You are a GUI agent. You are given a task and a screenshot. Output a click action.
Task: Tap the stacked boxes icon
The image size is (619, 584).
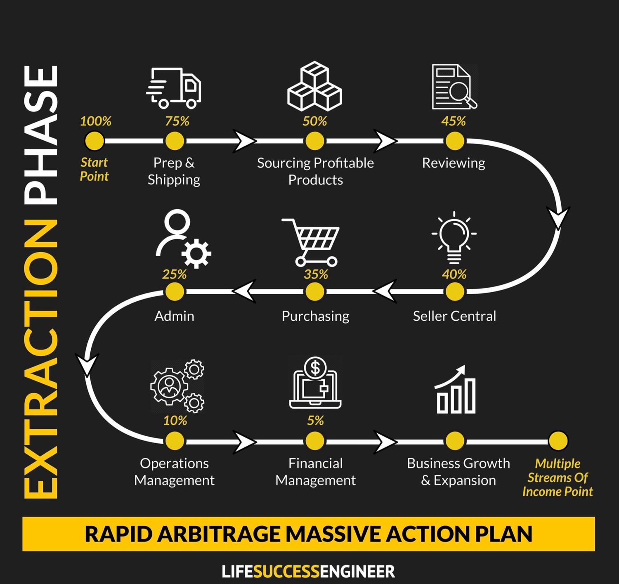(x=314, y=87)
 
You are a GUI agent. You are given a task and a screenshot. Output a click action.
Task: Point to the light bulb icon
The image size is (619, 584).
(x=454, y=238)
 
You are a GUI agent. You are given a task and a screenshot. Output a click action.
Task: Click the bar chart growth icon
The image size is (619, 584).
(x=456, y=390)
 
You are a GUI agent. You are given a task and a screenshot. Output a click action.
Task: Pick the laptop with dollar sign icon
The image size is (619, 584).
(x=315, y=383)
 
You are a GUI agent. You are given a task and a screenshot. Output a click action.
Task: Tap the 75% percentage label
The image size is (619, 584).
(x=177, y=121)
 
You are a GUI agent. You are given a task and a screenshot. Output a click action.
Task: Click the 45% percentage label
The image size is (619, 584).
(x=453, y=121)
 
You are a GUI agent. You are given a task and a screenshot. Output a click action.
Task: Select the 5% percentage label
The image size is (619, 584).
(x=315, y=421)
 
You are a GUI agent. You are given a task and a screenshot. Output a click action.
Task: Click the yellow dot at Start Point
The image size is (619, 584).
(x=95, y=141)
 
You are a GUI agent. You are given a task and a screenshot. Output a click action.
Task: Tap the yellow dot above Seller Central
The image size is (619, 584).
(x=454, y=292)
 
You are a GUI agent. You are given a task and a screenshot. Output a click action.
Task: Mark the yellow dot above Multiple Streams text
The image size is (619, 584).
(x=558, y=441)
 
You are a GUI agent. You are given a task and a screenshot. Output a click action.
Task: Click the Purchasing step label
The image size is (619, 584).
(x=315, y=316)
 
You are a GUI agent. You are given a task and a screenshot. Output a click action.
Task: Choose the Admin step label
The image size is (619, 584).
(x=174, y=316)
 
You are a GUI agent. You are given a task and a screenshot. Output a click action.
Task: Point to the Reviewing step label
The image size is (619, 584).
(x=453, y=163)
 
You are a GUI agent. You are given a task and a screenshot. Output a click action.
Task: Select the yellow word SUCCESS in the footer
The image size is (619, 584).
(x=286, y=572)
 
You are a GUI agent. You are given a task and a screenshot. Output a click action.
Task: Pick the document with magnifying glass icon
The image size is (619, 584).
(x=454, y=87)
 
